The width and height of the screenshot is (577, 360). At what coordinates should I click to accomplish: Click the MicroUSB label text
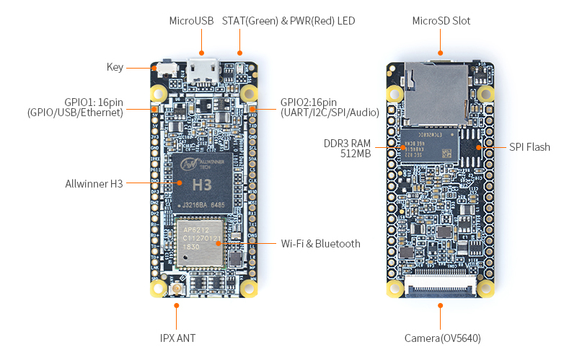coord(191,21)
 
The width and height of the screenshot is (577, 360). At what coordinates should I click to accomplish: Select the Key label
coord(115,67)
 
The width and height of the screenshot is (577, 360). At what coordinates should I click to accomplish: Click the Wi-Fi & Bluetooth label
coord(320,244)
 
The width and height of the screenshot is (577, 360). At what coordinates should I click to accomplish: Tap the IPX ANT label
coord(177,338)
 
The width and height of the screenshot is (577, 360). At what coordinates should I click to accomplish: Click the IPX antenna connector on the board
coord(177,290)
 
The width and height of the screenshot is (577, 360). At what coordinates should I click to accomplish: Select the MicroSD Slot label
coord(441,21)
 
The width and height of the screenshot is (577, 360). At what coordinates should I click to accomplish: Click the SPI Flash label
coord(529,147)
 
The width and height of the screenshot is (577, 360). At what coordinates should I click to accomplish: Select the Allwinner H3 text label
coord(95,183)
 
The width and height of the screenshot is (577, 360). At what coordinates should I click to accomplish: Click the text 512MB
coord(356,153)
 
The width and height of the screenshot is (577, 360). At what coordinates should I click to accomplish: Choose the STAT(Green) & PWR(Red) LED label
coord(288,21)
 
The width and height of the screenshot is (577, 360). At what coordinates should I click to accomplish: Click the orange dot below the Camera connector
coord(441,306)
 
